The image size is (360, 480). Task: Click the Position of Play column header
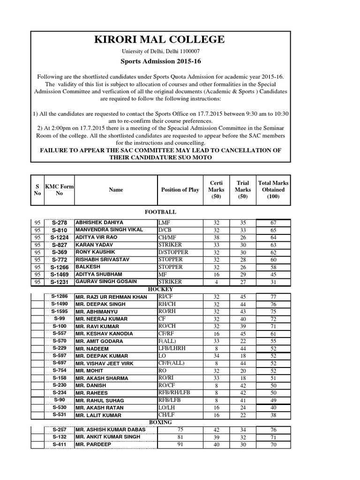pyautogui.click(x=180, y=190)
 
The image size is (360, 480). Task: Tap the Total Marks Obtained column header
pyautogui.click(x=273, y=190)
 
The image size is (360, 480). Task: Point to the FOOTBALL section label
pyautogui.click(x=161, y=212)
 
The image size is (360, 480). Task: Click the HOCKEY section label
pyautogui.click(x=161, y=290)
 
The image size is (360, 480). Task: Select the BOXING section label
pyautogui.click(x=161, y=422)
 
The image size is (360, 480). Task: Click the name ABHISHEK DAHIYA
pyautogui.click(x=99, y=223)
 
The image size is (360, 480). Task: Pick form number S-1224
pyautogui.click(x=59, y=238)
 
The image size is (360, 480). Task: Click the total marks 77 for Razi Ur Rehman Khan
pyautogui.click(x=273, y=297)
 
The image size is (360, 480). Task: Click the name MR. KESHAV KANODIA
pyautogui.click(x=104, y=334)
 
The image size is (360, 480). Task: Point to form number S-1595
pyautogui.click(x=59, y=311)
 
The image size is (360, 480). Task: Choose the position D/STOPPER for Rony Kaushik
pyautogui.click(x=173, y=252)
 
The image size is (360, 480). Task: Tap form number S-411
pyautogui.click(x=59, y=444)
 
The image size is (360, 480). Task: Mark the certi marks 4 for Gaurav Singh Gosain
pyautogui.click(x=216, y=281)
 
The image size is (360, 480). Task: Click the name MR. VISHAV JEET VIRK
pyautogui.click(x=105, y=363)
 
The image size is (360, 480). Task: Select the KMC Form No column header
pyautogui.click(x=59, y=190)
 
